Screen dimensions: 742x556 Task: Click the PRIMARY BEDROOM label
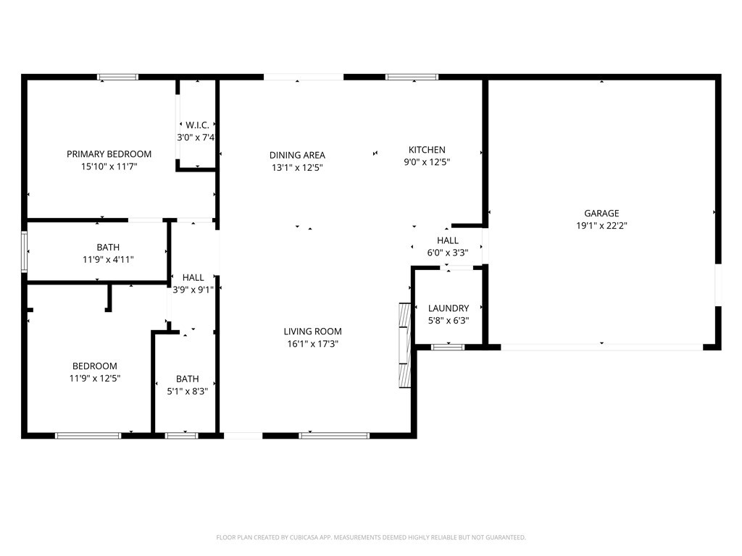coord(109,154)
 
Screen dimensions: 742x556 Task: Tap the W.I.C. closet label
coord(197,125)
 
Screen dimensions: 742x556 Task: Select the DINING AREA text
coord(297,155)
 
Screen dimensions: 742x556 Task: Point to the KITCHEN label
coord(427,150)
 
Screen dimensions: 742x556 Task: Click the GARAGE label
coord(601,214)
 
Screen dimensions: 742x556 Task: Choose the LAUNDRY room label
coord(449,308)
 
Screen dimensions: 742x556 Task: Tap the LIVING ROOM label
coord(313,332)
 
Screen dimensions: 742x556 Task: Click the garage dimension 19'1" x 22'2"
coord(601,226)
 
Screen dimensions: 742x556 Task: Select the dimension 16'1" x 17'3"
coord(313,344)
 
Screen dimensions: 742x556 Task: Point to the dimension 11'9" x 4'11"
coord(108,260)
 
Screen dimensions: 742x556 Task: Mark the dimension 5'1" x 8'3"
coord(188,392)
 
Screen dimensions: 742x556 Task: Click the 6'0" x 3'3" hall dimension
coord(448,253)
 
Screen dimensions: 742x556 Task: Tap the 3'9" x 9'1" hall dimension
coord(193,290)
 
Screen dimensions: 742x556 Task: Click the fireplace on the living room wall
coord(404,345)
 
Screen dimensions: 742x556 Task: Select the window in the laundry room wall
coord(448,347)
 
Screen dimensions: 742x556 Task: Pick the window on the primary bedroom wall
coord(118,77)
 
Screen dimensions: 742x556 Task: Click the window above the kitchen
coord(412,77)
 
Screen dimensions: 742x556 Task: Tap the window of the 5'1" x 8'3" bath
coord(182,435)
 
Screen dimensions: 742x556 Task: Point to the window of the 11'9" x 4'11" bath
coord(24,252)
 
